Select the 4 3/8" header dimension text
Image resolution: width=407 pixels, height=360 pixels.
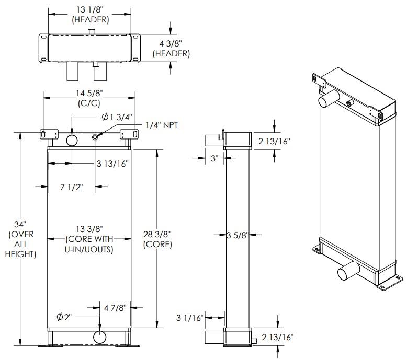point(171,44)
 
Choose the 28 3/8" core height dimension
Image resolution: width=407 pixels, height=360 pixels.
point(156,235)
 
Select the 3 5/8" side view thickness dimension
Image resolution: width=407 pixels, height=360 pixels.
point(238,236)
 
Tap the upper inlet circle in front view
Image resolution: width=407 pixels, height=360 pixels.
point(72,140)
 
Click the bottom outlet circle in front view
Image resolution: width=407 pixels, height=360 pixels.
point(99,337)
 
